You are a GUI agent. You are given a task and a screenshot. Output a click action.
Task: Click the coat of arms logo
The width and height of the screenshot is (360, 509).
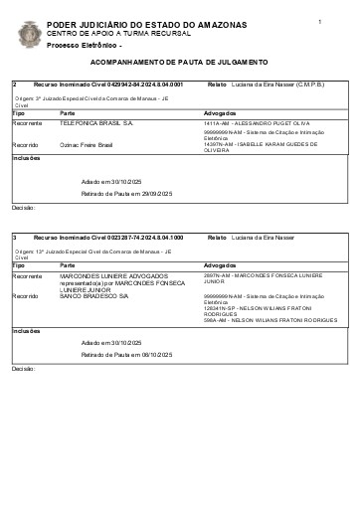(x=29, y=34)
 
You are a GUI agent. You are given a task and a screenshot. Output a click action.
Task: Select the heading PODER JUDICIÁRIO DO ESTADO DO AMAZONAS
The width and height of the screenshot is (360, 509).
(x=118, y=24)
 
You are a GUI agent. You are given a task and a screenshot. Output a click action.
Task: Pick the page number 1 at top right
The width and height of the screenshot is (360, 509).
(x=320, y=20)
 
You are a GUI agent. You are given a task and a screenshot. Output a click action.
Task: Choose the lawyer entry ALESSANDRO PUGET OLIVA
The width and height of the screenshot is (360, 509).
(x=257, y=122)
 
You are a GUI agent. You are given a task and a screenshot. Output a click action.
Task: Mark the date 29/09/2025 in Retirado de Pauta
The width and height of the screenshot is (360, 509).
(x=157, y=193)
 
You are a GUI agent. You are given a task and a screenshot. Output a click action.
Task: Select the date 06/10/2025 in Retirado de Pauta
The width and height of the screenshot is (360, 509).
(x=157, y=355)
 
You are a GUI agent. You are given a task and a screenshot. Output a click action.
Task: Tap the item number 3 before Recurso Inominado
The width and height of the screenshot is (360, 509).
(x=15, y=239)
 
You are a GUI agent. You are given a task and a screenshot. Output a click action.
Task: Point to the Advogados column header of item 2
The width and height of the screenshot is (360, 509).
(x=220, y=113)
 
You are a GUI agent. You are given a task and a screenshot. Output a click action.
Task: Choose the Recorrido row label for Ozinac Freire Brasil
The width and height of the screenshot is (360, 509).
(x=26, y=144)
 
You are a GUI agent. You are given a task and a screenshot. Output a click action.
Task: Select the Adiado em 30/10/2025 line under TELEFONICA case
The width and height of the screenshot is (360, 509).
(x=113, y=181)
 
